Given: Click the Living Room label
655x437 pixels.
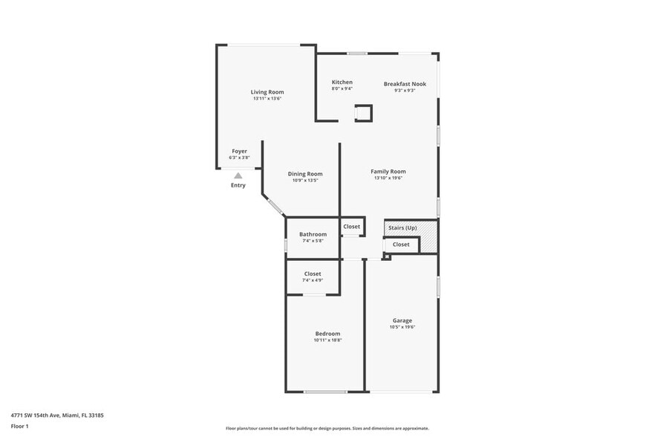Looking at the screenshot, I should tap(267, 92).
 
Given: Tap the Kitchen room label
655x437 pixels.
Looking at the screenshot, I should tap(342, 82).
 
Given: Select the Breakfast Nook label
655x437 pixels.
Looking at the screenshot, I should tap(405, 84).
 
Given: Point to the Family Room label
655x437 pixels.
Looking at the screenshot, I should tap(388, 172).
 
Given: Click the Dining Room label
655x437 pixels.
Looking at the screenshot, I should tap(304, 174).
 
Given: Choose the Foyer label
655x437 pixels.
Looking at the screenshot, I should tap(239, 151).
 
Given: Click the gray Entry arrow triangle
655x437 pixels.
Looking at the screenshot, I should tap(238, 176).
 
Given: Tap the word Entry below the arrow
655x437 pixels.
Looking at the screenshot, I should tap(238, 185).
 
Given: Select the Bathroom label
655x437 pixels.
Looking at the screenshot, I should tap(313, 234).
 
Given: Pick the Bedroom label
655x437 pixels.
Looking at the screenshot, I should tap(327, 334).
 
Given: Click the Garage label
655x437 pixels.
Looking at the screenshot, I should tap(403, 321).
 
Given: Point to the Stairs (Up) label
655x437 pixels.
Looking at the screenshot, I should tap(403, 227).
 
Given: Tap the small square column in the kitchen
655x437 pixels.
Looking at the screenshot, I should tap(363, 113).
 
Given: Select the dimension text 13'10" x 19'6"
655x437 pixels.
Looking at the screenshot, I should tap(388, 178).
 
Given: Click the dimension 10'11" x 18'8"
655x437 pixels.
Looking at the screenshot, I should tap(327, 340).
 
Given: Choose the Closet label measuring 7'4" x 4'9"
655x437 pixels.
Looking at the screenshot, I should tap(313, 273).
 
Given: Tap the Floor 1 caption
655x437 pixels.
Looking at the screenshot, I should tap(19, 426).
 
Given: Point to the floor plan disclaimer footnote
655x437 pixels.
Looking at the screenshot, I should tap(327, 429).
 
